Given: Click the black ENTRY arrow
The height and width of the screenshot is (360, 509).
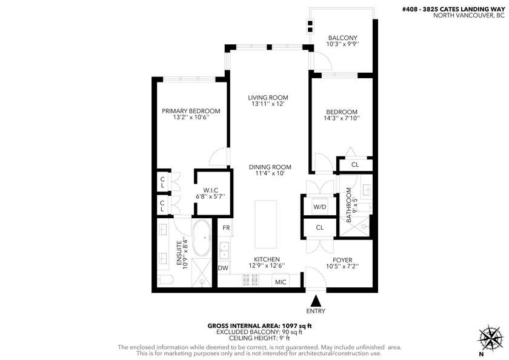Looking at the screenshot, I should click(315, 300).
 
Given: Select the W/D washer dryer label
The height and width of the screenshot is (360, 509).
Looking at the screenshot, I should click(320, 207).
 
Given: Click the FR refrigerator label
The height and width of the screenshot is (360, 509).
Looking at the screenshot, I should click(225, 228).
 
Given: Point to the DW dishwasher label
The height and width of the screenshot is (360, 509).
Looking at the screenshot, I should click(223, 267).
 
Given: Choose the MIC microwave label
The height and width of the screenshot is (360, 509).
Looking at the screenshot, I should click(280, 282).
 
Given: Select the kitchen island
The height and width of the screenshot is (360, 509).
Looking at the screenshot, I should click(265, 224).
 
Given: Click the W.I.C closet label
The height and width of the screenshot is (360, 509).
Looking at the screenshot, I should click(211, 190).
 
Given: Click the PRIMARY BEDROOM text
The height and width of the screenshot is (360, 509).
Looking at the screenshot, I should click(190, 111).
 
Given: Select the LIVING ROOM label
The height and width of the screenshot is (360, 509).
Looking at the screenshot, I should click(267, 97).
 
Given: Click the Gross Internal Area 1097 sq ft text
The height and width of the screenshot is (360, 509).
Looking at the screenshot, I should click(254, 325).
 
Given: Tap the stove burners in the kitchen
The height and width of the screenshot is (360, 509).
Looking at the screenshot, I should click(250, 280).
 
